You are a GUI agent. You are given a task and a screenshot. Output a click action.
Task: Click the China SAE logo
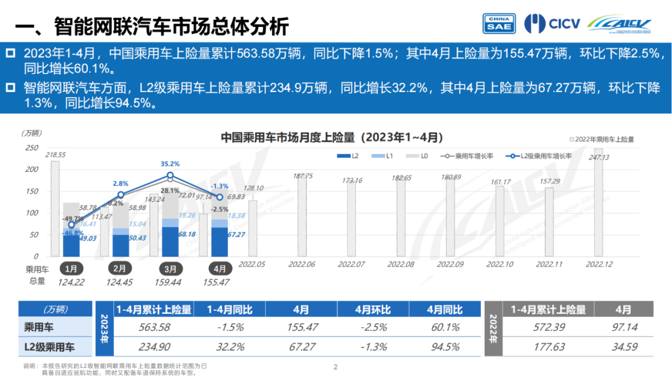pyautogui.click(x=498, y=23)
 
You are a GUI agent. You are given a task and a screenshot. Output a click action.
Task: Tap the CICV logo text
pyautogui.click(x=564, y=24)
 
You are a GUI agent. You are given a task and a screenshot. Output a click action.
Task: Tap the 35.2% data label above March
pyautogui.click(x=170, y=164)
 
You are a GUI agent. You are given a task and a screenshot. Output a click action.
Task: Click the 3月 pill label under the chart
pyautogui.click(x=169, y=268)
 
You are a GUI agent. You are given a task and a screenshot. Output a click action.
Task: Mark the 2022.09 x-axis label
pyautogui.click(x=450, y=264)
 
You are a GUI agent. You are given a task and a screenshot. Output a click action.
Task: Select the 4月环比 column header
pyautogui.click(x=373, y=309)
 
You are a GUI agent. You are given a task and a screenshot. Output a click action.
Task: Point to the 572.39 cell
pyautogui.click(x=548, y=328)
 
